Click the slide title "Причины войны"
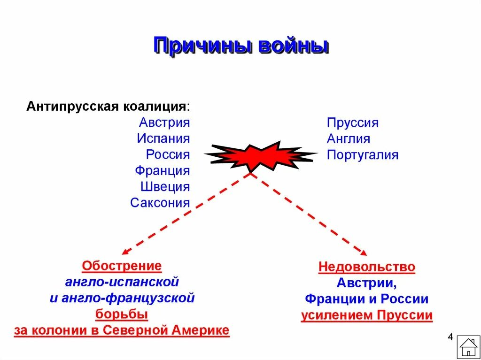240,47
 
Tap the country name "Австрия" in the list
164,123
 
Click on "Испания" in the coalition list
163,139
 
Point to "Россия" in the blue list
168,155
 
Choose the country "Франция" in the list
162,171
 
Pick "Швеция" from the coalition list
165,187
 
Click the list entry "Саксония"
160,203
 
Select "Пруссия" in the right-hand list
352,123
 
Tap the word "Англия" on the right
349,139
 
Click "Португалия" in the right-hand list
363,155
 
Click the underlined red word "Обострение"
122,267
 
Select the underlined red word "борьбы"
122,314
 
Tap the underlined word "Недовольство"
367,268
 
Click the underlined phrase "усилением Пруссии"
366,315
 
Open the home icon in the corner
468,347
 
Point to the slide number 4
450,337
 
